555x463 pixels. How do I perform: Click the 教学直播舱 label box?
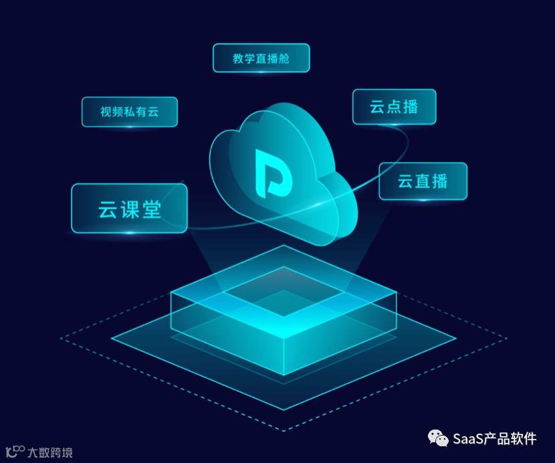pos(261,58)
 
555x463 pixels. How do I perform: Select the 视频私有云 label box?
pos(130,112)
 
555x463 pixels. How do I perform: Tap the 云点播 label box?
pos(394,106)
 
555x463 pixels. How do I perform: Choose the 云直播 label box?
pos(423,181)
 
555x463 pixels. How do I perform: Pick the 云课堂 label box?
pos(129,209)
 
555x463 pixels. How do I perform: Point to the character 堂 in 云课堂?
pos(151,209)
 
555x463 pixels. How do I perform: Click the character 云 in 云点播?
pos(377,106)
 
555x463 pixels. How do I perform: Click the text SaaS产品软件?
pos(494,439)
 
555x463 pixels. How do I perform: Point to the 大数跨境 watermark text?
pos(50,453)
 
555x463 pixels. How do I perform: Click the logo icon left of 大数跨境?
pos(15,452)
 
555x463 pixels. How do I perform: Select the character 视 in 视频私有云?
pos(106,112)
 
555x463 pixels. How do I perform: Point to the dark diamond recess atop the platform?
pos(284,292)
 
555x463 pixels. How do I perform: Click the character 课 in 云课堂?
pos(129,209)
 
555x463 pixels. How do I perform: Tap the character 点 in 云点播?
pos(394,106)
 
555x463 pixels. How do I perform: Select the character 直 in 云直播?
pos(423,181)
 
